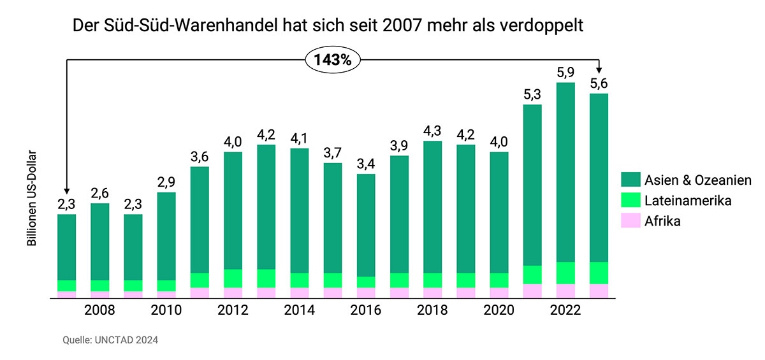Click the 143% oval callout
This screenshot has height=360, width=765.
click(333, 60)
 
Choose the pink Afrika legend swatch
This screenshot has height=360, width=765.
click(630, 221)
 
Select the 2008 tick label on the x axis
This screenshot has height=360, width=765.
click(99, 310)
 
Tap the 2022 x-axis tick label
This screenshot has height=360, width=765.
click(565, 310)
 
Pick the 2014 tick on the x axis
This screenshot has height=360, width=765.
click(299, 310)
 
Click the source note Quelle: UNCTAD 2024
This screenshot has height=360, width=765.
click(110, 340)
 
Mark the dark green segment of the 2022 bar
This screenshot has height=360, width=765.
click(565, 172)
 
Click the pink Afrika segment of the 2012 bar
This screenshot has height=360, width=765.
click(233, 292)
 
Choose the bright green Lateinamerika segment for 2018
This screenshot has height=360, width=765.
click(432, 280)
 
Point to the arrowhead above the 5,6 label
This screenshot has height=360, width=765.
click(599, 71)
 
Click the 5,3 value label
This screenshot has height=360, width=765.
click(532, 95)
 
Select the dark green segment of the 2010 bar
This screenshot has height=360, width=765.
click(166, 236)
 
